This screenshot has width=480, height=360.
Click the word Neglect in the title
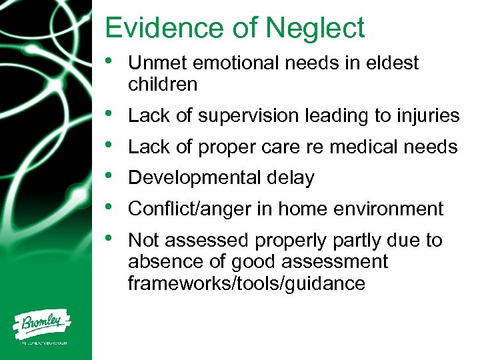tap(315, 29)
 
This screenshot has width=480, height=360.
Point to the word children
tap(163, 85)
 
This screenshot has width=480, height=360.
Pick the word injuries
tap(428, 116)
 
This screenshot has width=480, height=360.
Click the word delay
tap(291, 178)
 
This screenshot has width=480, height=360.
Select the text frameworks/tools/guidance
tap(247, 283)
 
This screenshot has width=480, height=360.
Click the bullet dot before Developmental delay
tap(109, 176)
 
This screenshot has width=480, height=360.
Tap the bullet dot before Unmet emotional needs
tap(109, 61)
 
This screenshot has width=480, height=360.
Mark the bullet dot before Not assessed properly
tap(109, 238)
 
